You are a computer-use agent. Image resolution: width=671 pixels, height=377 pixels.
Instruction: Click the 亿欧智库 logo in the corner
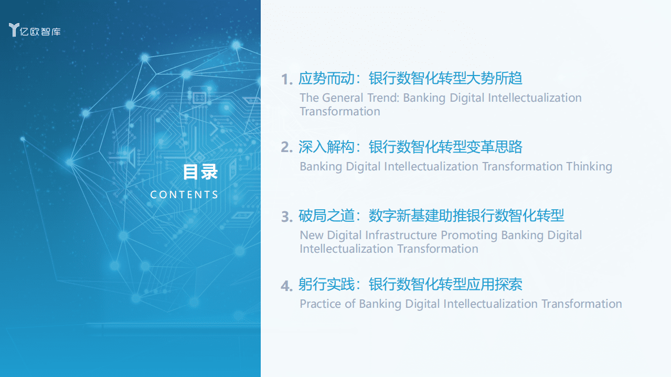click(35, 30)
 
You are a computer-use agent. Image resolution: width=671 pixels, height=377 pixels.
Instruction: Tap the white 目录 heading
click(200, 172)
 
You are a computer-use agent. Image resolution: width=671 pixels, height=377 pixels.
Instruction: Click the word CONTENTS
click(184, 195)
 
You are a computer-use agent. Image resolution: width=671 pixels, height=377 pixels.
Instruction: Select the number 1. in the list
click(286, 80)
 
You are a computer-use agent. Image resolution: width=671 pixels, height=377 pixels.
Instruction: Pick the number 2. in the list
click(286, 148)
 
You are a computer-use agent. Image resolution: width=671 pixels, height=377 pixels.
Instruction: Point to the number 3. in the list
click(286, 217)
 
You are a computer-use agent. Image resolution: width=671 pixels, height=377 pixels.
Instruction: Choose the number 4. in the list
click(286, 286)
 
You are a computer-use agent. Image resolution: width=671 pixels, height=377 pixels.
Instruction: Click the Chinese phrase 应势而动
click(326, 79)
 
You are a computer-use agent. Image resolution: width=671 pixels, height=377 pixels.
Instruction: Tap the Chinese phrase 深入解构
click(326, 147)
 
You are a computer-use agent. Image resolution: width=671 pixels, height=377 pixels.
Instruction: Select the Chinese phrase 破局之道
click(326, 216)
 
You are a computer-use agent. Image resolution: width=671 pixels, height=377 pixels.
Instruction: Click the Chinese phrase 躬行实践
click(326, 285)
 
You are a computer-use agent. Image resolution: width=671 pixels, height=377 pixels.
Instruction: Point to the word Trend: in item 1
click(384, 98)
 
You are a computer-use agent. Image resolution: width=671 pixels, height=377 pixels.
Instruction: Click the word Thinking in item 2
click(589, 167)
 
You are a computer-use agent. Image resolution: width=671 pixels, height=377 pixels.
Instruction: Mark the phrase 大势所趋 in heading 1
click(495, 79)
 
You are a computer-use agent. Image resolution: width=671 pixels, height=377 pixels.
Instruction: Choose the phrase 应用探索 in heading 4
click(495, 285)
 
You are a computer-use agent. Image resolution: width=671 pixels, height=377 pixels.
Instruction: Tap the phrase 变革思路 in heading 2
click(495, 147)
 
